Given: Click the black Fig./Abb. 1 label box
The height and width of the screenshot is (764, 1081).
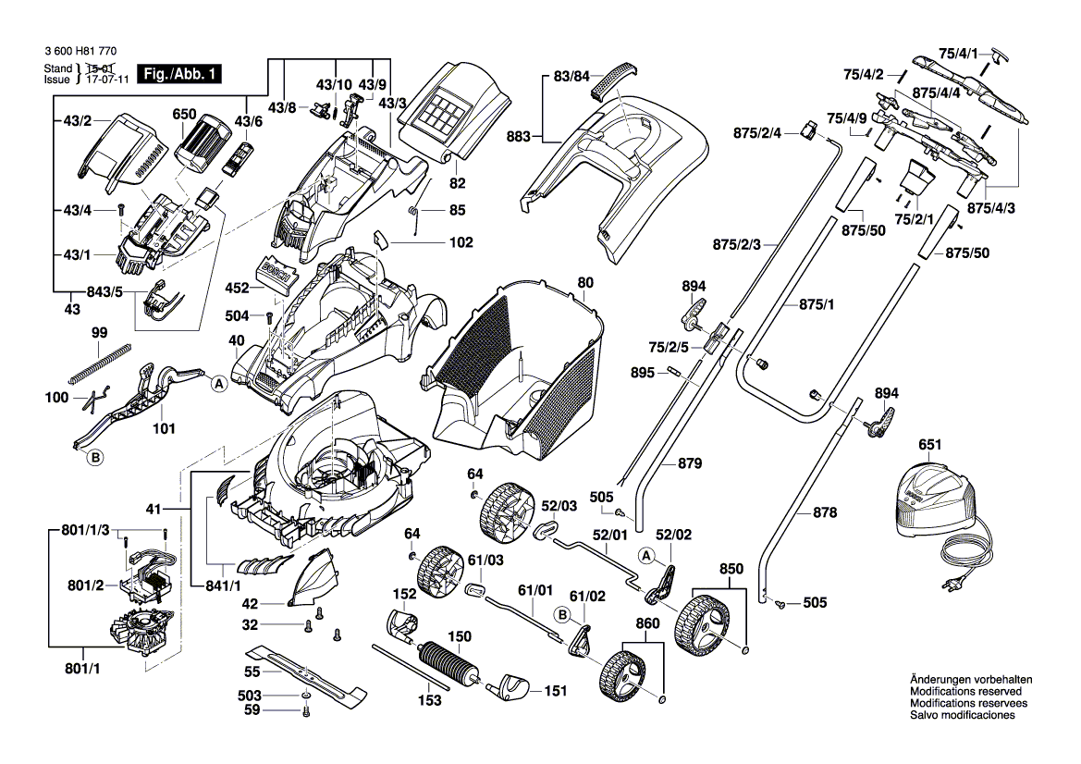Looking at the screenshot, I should pyautogui.click(x=178, y=74).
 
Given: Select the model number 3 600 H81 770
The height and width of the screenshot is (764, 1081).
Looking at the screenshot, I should pyautogui.click(x=80, y=56).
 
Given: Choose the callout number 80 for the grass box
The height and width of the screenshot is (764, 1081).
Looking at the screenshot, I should pyautogui.click(x=585, y=282).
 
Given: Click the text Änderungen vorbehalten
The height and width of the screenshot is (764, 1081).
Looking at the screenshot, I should pyautogui.click(x=971, y=680).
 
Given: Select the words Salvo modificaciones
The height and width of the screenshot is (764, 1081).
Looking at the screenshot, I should pyautogui.click(x=963, y=716).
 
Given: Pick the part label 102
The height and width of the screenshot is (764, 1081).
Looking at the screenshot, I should pyautogui.click(x=461, y=243).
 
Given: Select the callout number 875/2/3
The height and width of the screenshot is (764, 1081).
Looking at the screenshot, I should pyautogui.click(x=737, y=245).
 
